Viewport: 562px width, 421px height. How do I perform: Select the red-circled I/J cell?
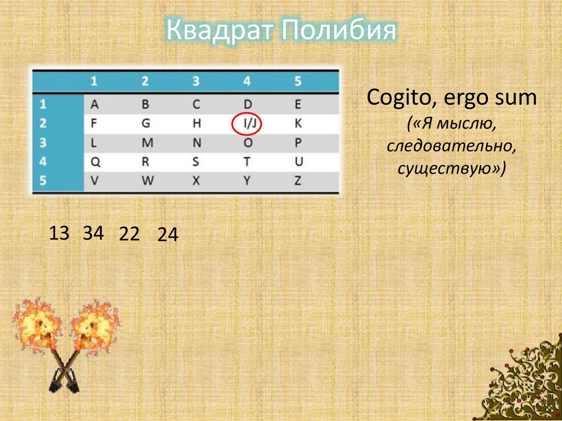[x=246, y=124]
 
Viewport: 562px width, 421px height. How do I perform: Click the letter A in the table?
[x=94, y=104]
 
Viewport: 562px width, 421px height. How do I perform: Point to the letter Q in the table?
[x=94, y=162]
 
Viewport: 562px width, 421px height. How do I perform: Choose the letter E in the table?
[x=298, y=104]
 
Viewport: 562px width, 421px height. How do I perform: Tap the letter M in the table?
[x=146, y=143]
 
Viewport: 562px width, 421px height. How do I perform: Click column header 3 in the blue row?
[x=196, y=81]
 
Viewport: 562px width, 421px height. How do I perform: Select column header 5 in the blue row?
[x=298, y=81]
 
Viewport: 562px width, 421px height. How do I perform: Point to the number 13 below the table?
[x=59, y=233]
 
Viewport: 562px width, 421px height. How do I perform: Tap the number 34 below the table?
[x=93, y=233]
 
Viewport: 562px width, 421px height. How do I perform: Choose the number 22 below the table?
[x=130, y=234]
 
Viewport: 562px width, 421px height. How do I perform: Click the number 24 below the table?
[x=167, y=235]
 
